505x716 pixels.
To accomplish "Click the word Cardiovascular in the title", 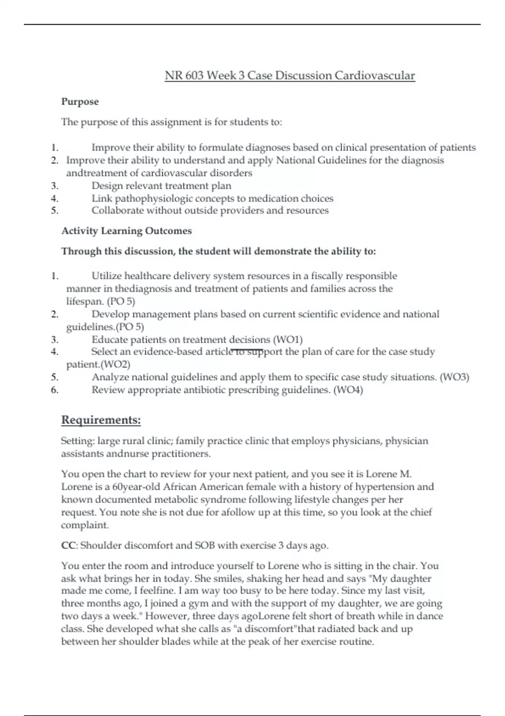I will [x=375, y=76].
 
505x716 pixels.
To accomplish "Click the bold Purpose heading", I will [x=80, y=102].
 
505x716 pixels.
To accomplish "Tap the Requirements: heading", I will [x=101, y=420].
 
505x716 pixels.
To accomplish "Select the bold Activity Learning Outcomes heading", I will [x=127, y=231].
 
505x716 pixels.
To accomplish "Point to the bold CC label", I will [x=68, y=545].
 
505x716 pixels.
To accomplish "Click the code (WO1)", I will [x=288, y=339].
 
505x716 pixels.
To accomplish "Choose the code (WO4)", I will [x=348, y=390].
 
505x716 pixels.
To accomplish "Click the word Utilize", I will [x=106, y=276].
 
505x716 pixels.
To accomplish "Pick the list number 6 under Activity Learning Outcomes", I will [x=54, y=390].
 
